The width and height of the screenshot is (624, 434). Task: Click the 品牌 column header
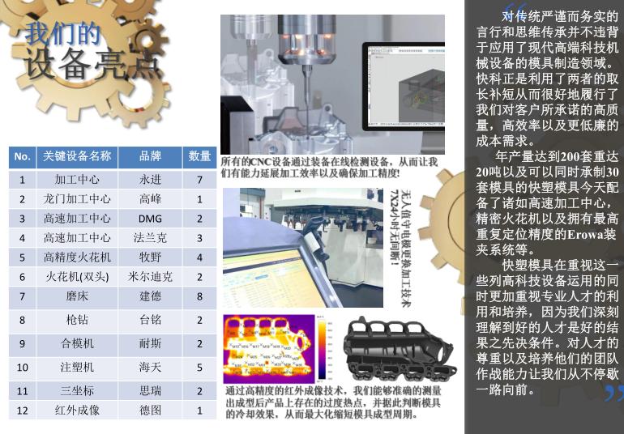click(150, 156)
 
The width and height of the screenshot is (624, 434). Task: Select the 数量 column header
click(199, 156)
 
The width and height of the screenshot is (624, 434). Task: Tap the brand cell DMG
click(150, 219)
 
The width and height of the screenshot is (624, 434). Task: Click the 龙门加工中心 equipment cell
click(77, 199)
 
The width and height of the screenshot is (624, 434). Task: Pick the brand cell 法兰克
click(150, 238)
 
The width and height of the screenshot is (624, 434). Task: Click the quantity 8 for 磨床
click(199, 296)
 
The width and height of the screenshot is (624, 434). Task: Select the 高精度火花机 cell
click(77, 257)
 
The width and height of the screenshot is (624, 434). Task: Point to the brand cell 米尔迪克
click(150, 277)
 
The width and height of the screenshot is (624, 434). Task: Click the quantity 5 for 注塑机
click(199, 368)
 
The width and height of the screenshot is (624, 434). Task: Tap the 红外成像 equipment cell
click(77, 411)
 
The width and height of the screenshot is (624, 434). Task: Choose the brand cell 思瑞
click(150, 391)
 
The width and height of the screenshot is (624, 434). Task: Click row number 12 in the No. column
click(23, 411)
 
